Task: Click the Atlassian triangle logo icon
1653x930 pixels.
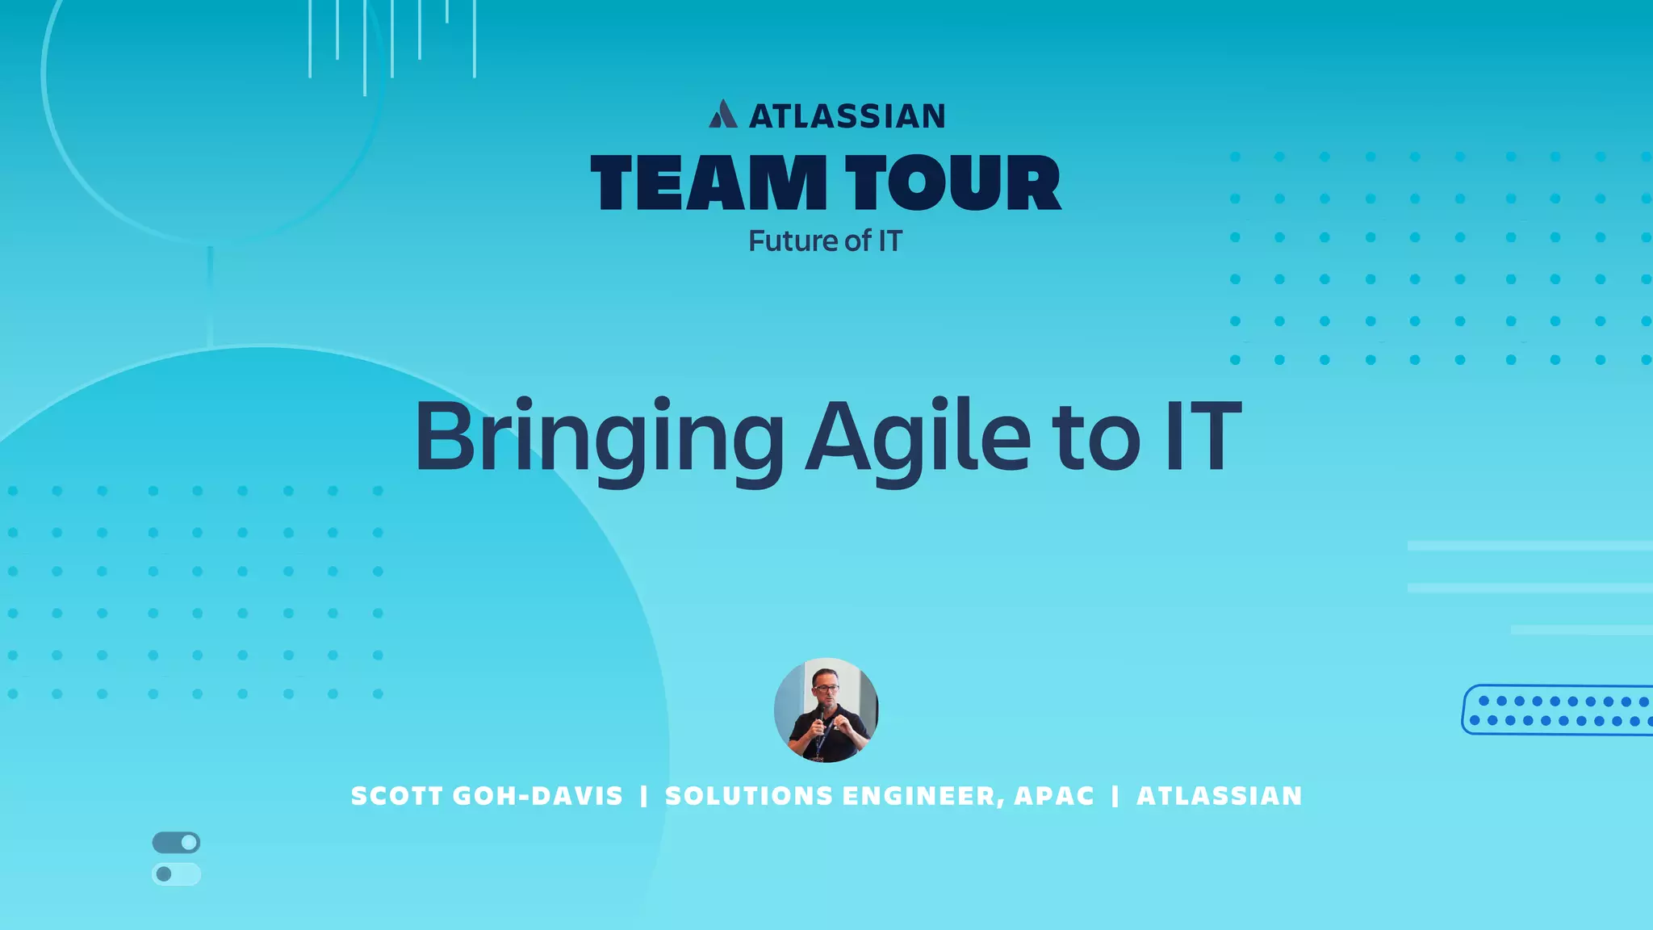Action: tap(723, 115)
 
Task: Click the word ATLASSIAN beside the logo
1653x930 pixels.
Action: tap(847, 116)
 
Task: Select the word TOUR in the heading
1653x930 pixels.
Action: tap(953, 183)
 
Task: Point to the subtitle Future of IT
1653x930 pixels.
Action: tap(825, 241)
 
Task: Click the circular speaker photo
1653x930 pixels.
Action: tap(826, 710)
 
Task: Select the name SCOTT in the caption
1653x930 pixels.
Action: tap(396, 796)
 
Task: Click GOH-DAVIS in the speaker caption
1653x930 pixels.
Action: tap(538, 796)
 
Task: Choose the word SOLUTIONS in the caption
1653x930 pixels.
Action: tap(748, 796)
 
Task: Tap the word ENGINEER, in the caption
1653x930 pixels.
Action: tap(924, 796)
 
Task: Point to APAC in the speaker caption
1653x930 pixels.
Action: tap(1054, 796)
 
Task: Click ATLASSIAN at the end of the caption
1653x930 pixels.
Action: tap(1220, 796)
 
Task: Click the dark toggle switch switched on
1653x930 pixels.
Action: tap(176, 843)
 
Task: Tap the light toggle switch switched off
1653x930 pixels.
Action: tap(176, 874)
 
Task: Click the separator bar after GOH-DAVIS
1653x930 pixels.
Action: tap(643, 796)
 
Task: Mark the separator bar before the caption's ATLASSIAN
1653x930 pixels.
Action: tap(1115, 796)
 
